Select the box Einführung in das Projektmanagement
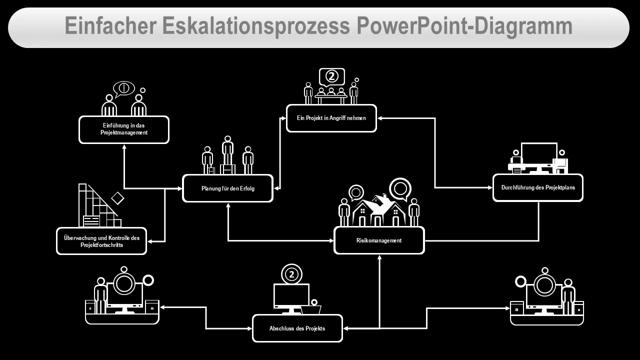click(x=124, y=129)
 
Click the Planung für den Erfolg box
click(x=227, y=188)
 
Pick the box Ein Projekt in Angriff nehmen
click(x=331, y=118)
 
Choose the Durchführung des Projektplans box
click(x=538, y=187)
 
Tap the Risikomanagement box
click(x=379, y=240)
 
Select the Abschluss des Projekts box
click(x=297, y=328)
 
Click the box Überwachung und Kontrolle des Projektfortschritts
click(x=101, y=241)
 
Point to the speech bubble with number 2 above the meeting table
click(x=331, y=77)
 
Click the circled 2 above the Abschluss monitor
click(x=291, y=274)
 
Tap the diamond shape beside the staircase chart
click(x=117, y=198)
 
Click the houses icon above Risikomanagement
click(x=379, y=210)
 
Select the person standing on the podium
click(x=227, y=150)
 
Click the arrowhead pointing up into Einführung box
click(x=124, y=147)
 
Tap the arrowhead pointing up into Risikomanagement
click(x=379, y=257)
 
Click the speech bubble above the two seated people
click(x=123, y=89)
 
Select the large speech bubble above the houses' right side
click(x=400, y=189)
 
